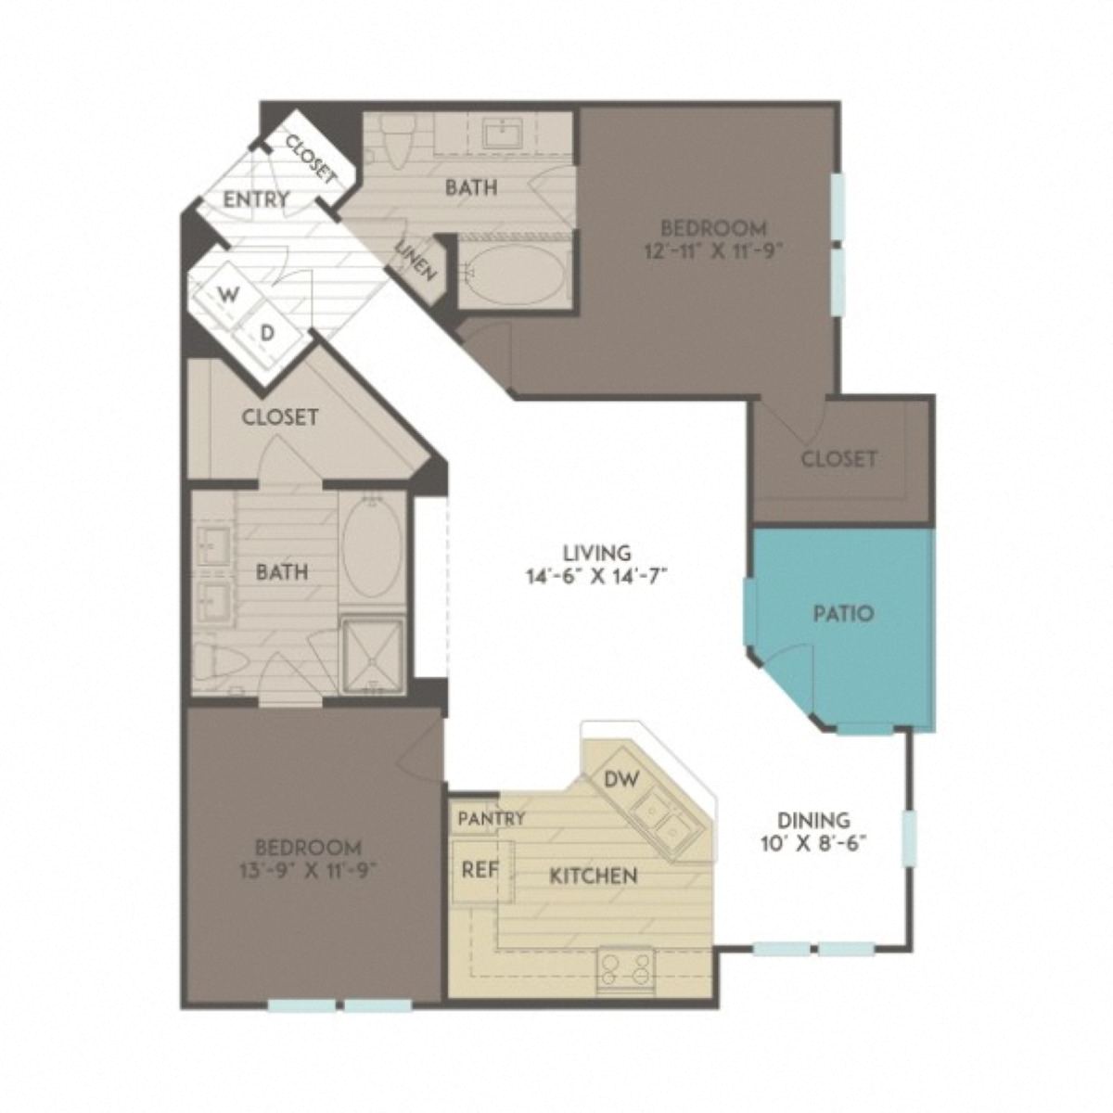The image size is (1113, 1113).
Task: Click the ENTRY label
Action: coord(257,198)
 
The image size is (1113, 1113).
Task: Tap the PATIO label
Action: coord(843,613)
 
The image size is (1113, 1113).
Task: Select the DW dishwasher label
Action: coord(621,779)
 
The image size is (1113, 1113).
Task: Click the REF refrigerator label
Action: coord(480,870)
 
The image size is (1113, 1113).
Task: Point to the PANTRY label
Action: coord(492,818)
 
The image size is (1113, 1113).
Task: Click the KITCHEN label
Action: coord(593,876)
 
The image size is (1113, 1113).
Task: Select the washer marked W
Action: coord(225,294)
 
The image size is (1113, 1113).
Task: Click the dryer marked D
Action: coord(266,333)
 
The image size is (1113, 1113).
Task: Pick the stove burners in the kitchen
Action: coord(623,970)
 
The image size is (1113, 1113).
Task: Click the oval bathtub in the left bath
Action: coord(372,544)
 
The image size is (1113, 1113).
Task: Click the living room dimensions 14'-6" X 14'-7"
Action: coord(595,575)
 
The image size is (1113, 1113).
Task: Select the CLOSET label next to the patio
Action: coord(838,458)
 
